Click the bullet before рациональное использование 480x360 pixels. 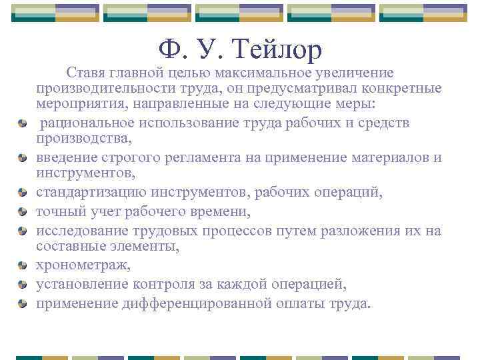click(x=23, y=123)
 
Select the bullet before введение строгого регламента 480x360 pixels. click(x=23, y=158)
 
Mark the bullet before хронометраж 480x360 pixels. click(x=23, y=266)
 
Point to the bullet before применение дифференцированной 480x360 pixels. click(x=23, y=305)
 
